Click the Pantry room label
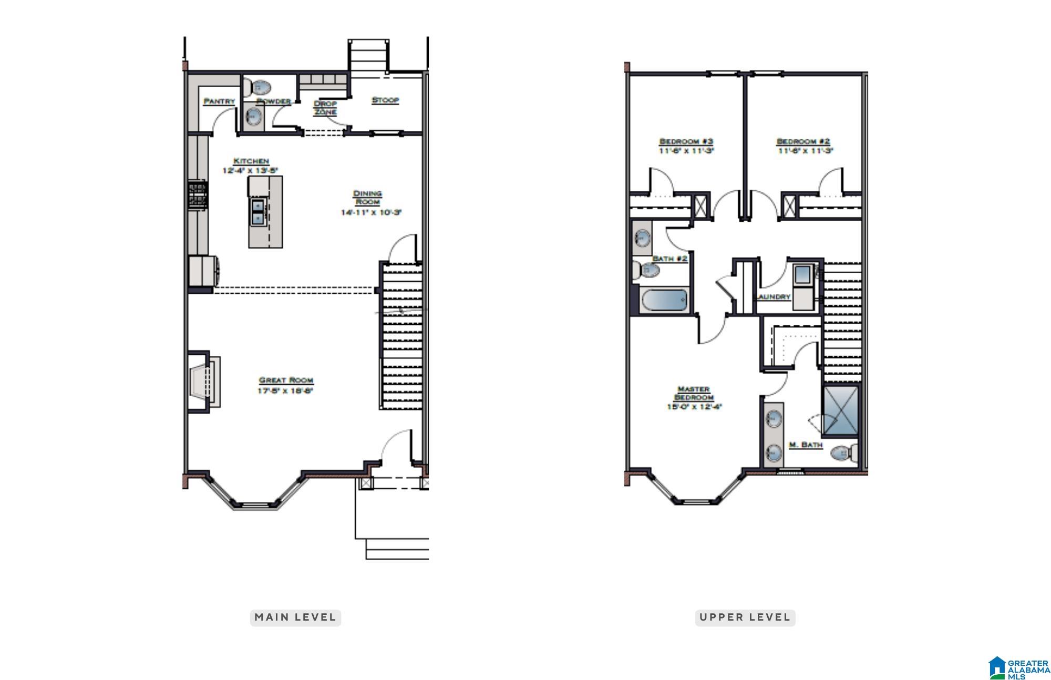[x=219, y=101]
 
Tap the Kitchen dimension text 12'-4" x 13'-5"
[x=250, y=170]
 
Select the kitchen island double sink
[x=257, y=212]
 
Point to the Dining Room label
[x=367, y=198]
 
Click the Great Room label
[x=286, y=380]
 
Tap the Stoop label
[x=385, y=100]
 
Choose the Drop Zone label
[x=325, y=108]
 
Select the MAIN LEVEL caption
[x=295, y=617]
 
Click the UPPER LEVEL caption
[x=745, y=617]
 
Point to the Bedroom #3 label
[x=686, y=141]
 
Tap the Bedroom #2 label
[x=803, y=141]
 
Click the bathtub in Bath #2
[x=664, y=301]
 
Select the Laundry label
[x=774, y=297]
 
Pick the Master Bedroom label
[x=694, y=393]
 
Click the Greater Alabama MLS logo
[x=1019, y=667]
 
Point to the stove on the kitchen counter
[x=198, y=195]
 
